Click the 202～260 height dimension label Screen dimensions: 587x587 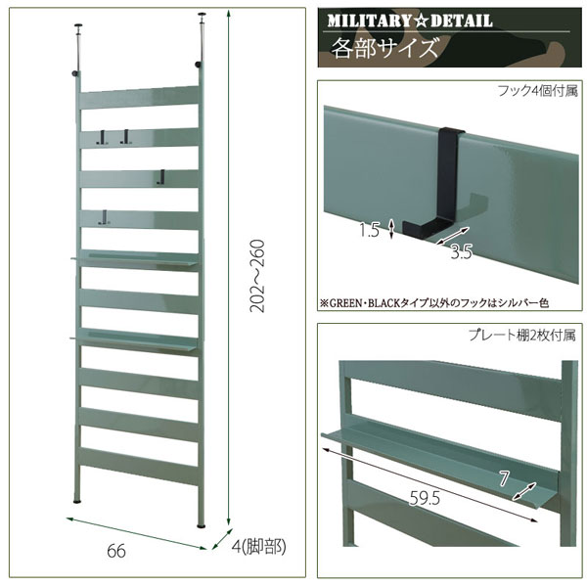coord(257,276)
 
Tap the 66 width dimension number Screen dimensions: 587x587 coord(116,551)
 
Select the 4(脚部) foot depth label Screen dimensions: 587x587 coord(258,547)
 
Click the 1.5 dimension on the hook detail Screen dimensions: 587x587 coord(369,230)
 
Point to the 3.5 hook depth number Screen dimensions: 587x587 coord(461,252)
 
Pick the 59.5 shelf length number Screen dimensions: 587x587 coord(425,498)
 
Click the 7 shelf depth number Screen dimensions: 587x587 coord(504,478)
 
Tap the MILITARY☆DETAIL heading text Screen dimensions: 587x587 coord(410,21)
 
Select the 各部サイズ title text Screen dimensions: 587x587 coord(384,48)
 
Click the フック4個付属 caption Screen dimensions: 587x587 coord(537,91)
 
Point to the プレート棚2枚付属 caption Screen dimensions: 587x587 coord(521,335)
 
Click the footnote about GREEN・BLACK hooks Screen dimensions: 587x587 coord(434,302)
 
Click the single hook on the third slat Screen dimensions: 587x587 coord(162,177)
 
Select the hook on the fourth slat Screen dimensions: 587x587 coord(104,217)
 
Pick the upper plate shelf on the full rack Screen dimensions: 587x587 coord(135,258)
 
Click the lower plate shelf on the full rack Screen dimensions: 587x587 coord(135,339)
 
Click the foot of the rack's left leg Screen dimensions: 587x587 coord(77,501)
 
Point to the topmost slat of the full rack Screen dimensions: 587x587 coord(139,97)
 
